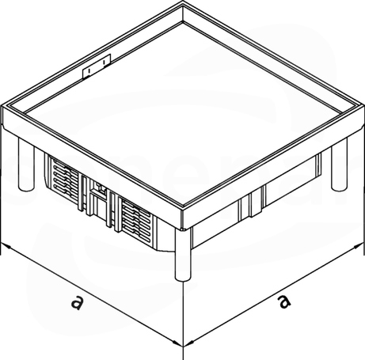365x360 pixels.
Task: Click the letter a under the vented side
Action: coord(77,302)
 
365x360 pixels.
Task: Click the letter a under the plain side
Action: coord(284,301)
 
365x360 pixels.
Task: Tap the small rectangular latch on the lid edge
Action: coord(97,66)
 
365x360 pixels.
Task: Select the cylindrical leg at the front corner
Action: coord(183,254)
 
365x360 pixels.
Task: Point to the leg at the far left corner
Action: coord(26,165)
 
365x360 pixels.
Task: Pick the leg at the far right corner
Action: coord(339,164)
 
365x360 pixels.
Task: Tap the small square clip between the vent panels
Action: coord(101,188)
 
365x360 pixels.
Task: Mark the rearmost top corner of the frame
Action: coord(183,3)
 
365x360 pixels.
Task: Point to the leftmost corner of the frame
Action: coord(2,106)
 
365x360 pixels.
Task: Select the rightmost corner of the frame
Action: coord(363,106)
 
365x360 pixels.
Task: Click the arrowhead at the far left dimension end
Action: coord(6,245)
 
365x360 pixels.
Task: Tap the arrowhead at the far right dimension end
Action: coord(359,246)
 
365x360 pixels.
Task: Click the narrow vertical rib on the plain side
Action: coord(253,204)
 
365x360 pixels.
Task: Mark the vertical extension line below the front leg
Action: coord(183,320)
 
